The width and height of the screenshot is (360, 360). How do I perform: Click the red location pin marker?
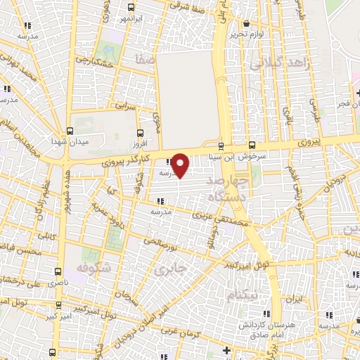tap(181, 165)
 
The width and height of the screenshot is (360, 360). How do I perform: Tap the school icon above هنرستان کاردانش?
tap(266, 314)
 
